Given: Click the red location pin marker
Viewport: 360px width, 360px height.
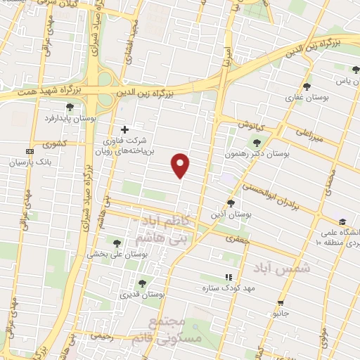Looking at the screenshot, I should click(x=181, y=165).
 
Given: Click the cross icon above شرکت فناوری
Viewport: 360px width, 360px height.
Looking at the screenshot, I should click(x=125, y=129).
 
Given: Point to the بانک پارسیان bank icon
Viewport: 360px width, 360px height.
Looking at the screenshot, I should click(x=30, y=151).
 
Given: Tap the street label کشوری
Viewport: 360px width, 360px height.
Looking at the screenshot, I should click(x=53, y=144).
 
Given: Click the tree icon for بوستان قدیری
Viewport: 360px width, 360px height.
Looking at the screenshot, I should click(x=142, y=283).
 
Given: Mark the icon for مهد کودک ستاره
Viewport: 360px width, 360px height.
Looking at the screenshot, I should click(x=227, y=278).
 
